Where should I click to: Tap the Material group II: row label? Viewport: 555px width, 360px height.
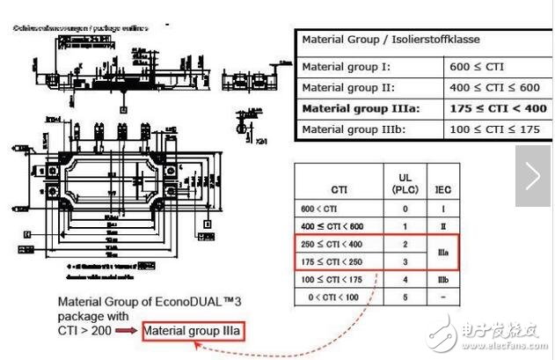tap(348, 87)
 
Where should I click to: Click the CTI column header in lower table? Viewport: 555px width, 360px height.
tap(339, 187)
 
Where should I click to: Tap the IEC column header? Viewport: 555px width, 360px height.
tap(446, 187)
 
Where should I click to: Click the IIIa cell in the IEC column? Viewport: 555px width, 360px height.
tap(446, 253)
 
